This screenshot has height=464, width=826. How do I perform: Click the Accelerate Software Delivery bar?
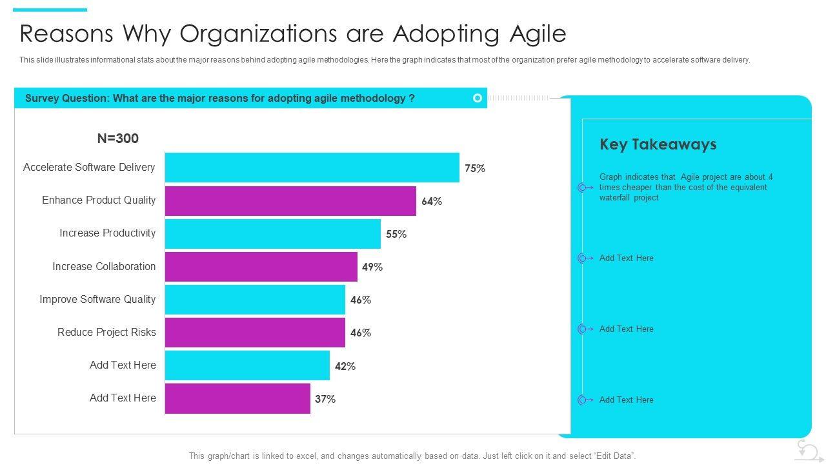312,168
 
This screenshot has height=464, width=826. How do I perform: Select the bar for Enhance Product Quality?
290,201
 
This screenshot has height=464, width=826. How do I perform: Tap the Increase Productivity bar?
272,234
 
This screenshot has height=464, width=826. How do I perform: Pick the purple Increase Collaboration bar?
261,267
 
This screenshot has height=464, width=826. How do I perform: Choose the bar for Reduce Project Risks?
255,333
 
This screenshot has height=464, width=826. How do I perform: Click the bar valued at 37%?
237,398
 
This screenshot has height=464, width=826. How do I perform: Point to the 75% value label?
475,168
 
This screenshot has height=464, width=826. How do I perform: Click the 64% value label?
432,201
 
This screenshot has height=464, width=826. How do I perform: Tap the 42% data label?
345,366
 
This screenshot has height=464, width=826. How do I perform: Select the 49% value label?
372,267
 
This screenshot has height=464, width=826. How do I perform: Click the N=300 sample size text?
118,139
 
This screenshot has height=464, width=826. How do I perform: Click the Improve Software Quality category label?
97,299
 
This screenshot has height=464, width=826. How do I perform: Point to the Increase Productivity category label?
108,233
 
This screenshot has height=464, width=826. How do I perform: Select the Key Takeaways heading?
658,144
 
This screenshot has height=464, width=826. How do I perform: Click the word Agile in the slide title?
535,34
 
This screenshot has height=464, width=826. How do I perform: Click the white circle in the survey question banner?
478,98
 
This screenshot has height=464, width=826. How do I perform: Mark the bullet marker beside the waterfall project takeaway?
582,188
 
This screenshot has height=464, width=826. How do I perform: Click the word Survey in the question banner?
43,98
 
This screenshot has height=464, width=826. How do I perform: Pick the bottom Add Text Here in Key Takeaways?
626,400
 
